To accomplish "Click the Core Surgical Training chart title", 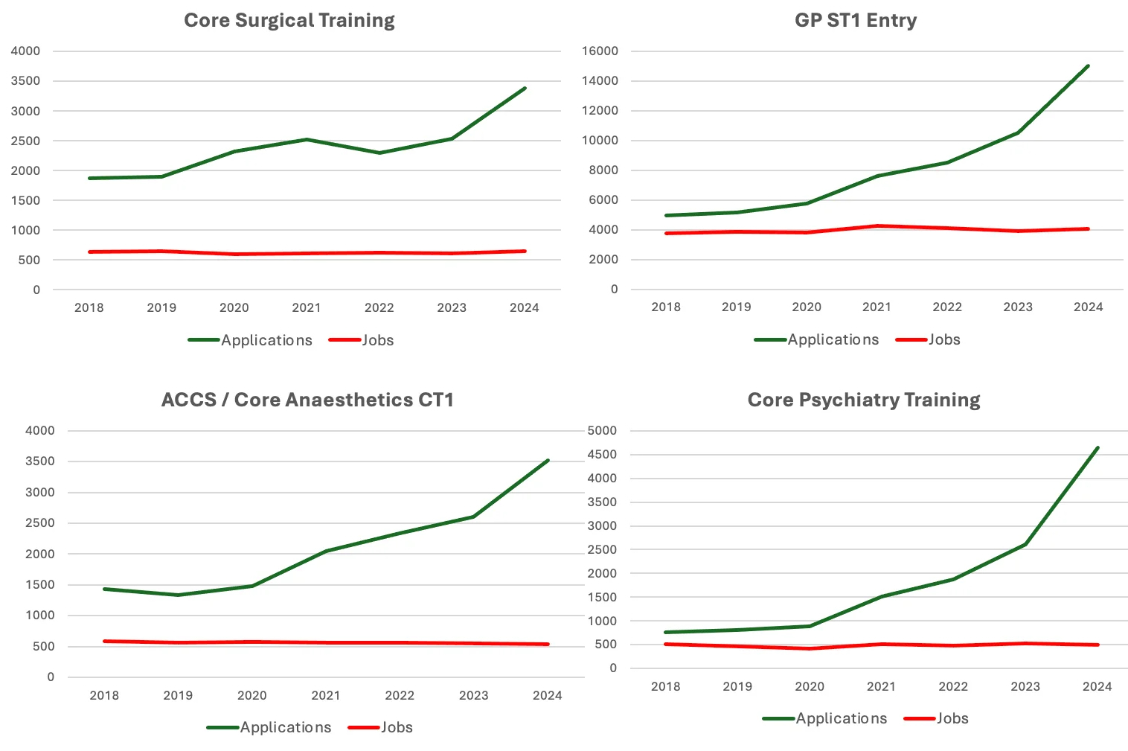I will (289, 20).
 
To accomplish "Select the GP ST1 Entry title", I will (855, 20).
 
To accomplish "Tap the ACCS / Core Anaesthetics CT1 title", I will (307, 400).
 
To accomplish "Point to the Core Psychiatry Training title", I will (863, 400).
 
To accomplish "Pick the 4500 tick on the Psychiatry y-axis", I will (602, 455).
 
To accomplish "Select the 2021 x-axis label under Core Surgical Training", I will (307, 307).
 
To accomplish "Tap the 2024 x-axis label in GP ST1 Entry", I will (1088, 307).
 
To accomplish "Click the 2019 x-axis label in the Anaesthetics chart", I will (178, 695).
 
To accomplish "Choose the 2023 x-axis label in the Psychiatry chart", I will (1025, 686).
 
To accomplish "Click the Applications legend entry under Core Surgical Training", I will (266, 340).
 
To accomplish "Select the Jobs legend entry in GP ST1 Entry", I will (943, 339).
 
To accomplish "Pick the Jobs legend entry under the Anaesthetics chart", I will (396, 727).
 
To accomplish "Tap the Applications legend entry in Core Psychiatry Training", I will (841, 718).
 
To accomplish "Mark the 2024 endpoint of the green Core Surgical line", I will (525, 89).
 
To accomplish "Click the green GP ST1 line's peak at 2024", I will (1088, 66).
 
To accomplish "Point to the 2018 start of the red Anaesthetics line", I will (104, 641).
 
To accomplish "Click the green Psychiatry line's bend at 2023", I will (1025, 544).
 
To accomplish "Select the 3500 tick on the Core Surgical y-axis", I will (26, 81).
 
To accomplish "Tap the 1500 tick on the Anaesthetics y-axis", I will (40, 584).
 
